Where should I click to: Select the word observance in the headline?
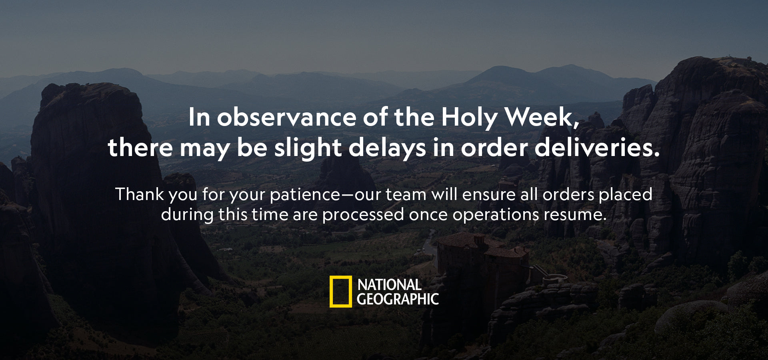(x=287, y=117)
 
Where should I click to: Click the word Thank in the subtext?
(x=140, y=194)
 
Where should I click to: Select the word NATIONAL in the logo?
(x=389, y=285)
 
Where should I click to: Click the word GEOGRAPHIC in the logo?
(x=398, y=299)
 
